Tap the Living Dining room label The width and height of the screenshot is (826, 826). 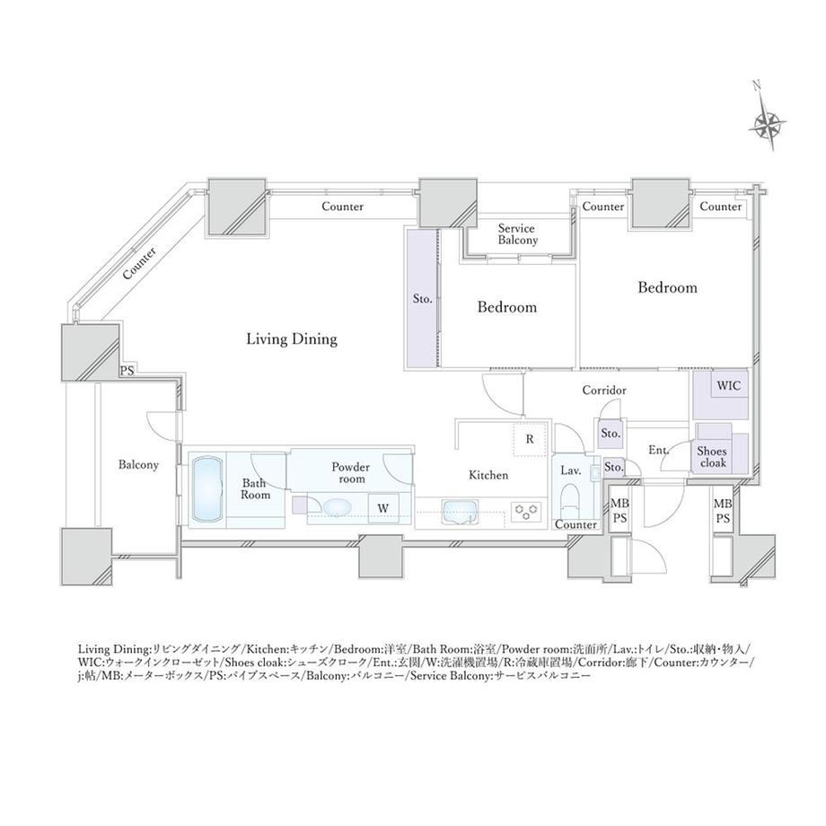(292, 338)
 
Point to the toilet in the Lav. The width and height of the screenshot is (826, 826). (570, 501)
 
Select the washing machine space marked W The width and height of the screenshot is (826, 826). (383, 508)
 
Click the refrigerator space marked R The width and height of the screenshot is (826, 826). (530, 439)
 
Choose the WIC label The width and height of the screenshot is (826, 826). (728, 385)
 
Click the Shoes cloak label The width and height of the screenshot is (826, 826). (712, 457)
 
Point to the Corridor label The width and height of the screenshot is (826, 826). (604, 391)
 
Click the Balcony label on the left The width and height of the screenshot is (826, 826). (138, 465)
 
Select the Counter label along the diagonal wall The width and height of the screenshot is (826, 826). (139, 263)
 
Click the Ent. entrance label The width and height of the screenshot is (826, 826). (658, 450)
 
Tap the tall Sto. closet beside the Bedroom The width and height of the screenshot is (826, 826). (422, 299)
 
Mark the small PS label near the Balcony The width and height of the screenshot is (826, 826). (127, 370)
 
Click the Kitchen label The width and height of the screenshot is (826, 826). (488, 475)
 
